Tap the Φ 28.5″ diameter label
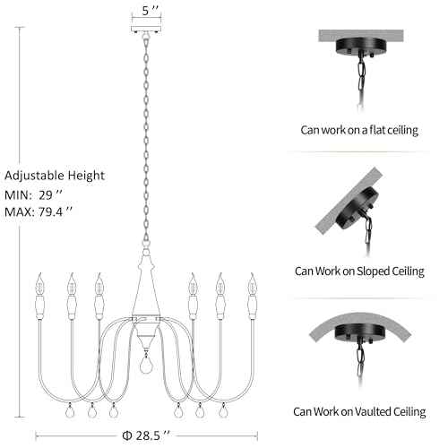146,435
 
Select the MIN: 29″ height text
33,195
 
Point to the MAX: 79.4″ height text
39,212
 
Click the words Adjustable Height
55,176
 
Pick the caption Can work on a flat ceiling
359,130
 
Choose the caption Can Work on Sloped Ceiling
359,271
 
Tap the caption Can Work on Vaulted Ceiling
359,411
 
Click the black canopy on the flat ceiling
361,47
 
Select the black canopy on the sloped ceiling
358,208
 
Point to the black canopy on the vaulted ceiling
358,332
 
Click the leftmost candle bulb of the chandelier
39,284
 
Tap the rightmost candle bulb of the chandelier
253,284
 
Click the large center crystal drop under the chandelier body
146,365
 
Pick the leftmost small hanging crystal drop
71,411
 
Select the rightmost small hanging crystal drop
222,411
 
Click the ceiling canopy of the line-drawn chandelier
146,30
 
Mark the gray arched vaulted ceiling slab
360,324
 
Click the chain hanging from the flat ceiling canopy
361,82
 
